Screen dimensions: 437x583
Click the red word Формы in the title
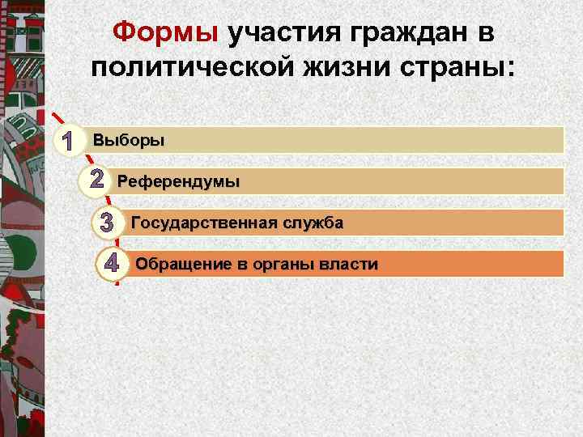166,33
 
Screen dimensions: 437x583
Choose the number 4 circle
113,265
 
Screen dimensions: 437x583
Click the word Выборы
129,140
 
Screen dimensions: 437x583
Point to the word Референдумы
179,181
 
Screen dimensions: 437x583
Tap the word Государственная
204,223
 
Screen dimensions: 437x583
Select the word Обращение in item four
174,264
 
